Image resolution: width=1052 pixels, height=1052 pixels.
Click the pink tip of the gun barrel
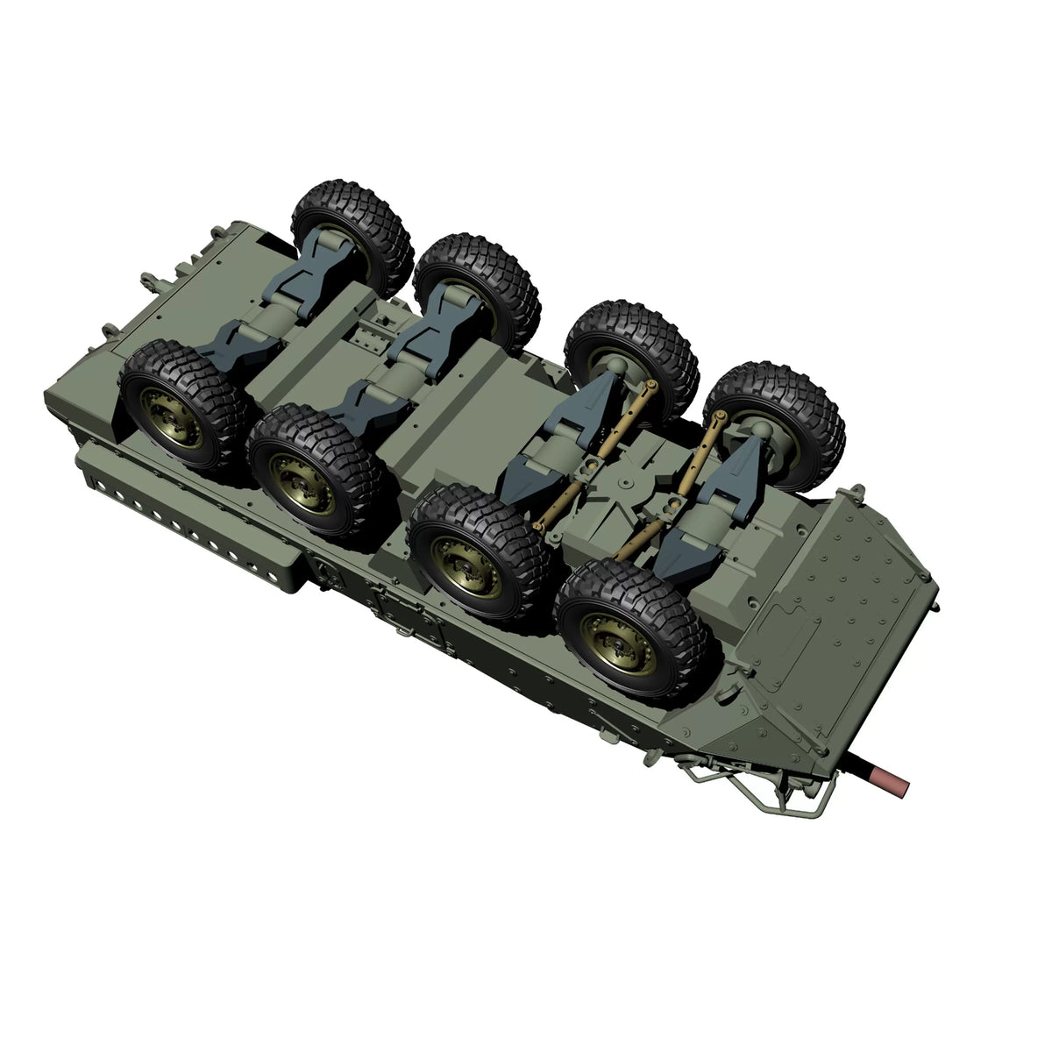895,778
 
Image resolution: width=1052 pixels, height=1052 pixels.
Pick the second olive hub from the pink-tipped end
471,560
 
